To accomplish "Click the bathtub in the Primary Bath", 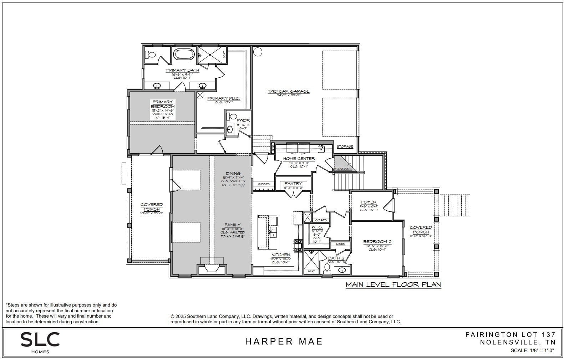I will coord(184,55).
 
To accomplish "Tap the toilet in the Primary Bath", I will coord(151,55).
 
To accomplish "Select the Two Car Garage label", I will coord(289,91).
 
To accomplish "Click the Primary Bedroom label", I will coord(163,104).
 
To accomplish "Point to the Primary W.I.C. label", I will coord(223,98).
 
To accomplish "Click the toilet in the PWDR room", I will coord(233,116).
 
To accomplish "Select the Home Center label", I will coord(299,159).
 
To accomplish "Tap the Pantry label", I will coord(293,184).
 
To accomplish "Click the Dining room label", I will coord(233,174).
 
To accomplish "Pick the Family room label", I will coord(232,225).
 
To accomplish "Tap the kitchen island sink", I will coord(272,232).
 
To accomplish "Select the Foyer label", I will coord(369,202).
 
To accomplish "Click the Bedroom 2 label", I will coord(377,242).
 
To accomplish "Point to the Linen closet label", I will coord(340,244).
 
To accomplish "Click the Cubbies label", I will coord(264,184).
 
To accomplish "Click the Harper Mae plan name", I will coord(284,341).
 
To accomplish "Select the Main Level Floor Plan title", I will coord(393,284).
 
